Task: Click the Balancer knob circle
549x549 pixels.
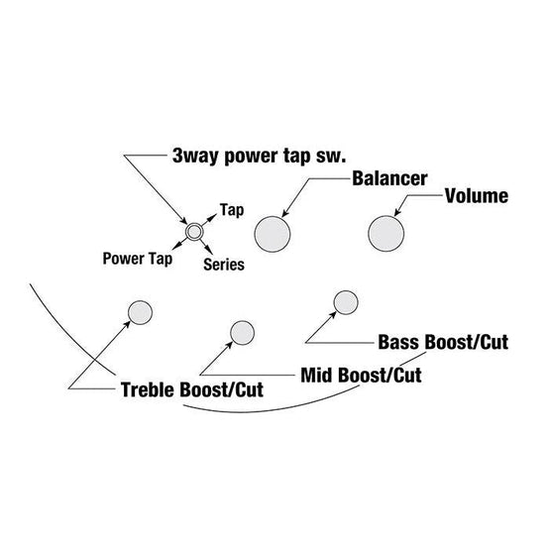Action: click(273, 234)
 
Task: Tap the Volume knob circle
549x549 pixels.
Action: click(386, 234)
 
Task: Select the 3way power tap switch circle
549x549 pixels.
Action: click(194, 232)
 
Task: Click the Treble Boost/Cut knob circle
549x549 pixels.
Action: click(140, 313)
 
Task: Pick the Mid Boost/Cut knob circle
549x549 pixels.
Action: click(242, 333)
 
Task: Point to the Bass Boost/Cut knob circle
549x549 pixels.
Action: click(346, 302)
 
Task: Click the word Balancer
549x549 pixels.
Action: click(389, 178)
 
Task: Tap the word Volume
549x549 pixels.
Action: click(477, 196)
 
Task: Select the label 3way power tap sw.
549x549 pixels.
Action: click(259, 156)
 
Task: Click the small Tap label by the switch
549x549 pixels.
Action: click(232, 210)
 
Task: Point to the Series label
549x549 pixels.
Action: click(224, 265)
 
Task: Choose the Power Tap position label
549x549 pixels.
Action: click(138, 259)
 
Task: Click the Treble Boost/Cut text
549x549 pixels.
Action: click(192, 389)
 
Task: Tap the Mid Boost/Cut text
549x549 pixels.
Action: click(361, 375)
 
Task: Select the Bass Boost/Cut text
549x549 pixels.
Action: click(443, 342)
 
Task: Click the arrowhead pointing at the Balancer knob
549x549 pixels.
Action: click(285, 213)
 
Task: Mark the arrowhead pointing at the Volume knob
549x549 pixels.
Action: click(397, 212)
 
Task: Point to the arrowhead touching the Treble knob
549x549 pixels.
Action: click(128, 324)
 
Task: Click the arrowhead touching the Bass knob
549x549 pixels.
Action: click(334, 314)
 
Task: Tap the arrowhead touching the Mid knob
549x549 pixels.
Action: click(230, 345)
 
